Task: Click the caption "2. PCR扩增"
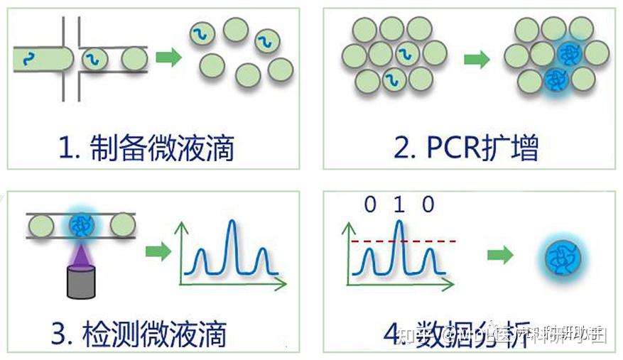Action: [466, 148]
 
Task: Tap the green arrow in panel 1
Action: [168, 58]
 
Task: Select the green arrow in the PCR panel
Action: [477, 60]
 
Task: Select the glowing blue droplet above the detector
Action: [78, 225]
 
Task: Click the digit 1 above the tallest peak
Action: [399, 206]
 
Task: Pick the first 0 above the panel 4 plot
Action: [369, 206]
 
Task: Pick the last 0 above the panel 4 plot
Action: [427, 206]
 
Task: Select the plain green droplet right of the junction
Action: [134, 58]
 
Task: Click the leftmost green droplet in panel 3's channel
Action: [41, 225]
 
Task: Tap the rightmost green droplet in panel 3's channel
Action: [123, 225]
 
